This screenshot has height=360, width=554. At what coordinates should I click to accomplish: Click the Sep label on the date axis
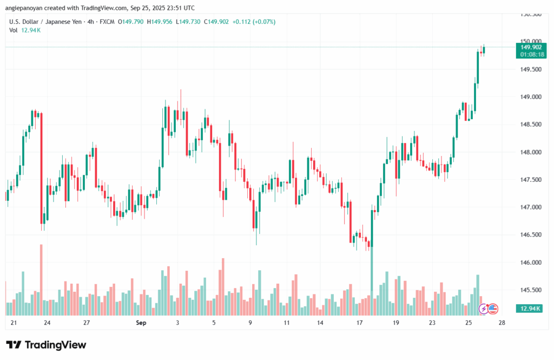point(141,323)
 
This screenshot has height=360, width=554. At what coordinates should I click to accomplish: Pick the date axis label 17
point(359,323)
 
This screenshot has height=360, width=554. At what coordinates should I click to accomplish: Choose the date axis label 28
point(502,323)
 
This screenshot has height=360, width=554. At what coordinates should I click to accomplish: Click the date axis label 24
point(48,323)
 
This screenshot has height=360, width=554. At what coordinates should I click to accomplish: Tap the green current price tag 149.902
point(531,47)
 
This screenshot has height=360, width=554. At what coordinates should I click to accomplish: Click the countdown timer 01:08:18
point(531,55)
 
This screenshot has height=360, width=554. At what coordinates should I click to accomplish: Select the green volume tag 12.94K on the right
point(531,309)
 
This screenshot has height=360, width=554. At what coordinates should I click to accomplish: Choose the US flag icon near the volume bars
point(492,309)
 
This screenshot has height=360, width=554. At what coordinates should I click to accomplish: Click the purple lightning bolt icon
point(484,309)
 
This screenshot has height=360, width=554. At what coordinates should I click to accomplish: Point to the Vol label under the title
point(14,30)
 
